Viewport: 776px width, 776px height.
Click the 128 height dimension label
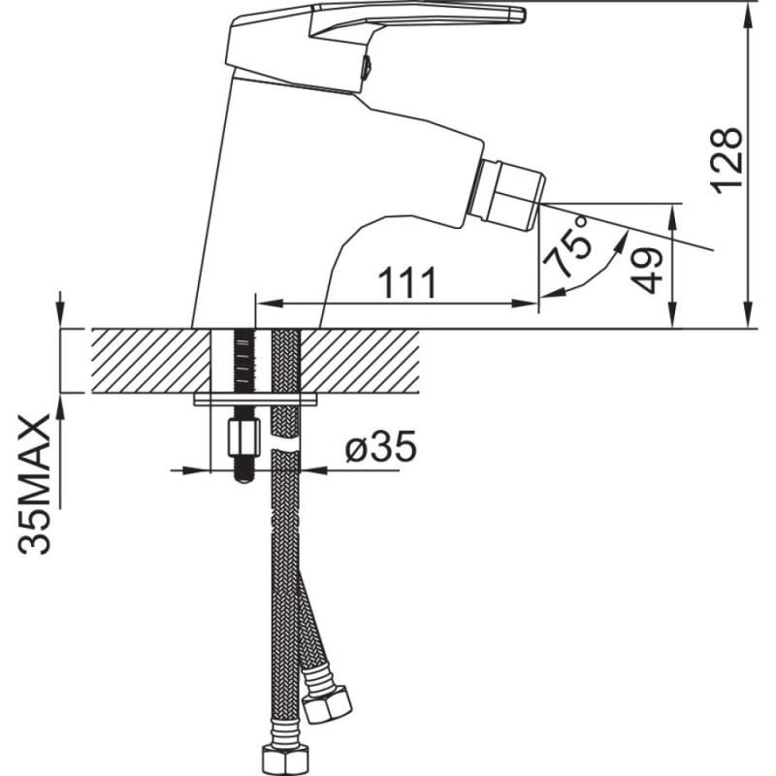pos(727,157)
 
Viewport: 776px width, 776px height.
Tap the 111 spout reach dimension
pos(407,282)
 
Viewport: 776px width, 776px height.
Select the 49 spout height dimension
pos(647,271)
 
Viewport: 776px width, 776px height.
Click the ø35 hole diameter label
pos(380,445)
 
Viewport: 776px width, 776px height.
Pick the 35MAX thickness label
pos(35,484)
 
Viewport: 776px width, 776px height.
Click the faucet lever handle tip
pos(520,14)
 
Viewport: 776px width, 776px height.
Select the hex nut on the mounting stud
pos(244,437)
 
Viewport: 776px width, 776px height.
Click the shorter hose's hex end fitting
pos(328,702)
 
